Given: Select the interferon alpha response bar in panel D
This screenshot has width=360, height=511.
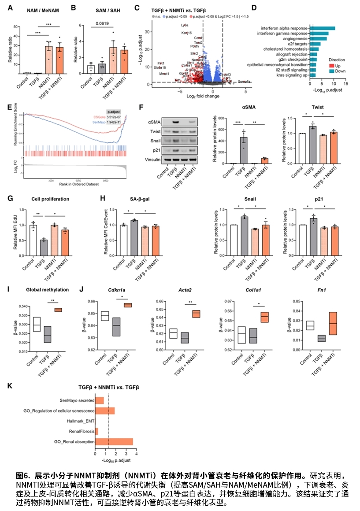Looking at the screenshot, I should (322, 29).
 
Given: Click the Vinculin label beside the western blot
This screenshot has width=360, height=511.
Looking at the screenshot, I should (152, 158).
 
